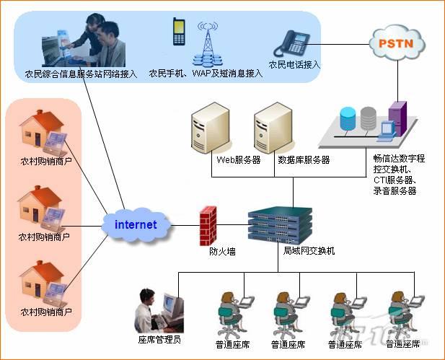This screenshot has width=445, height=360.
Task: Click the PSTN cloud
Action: pos(396,43)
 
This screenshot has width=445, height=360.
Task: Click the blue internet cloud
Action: pos(136,224)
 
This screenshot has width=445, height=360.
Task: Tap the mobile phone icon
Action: pos(179,32)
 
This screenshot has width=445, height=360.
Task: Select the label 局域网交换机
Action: pos(305,252)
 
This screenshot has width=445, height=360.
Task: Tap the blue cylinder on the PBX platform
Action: pos(348,117)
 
